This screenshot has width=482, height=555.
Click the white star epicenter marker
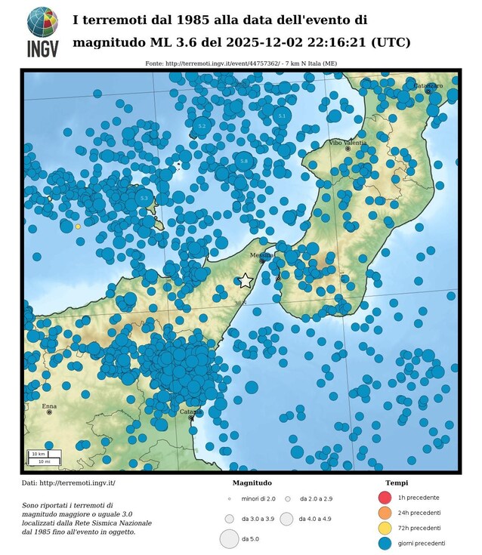coord(245,280)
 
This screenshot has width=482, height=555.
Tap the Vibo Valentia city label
coord(348,142)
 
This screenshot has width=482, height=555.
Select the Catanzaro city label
coord(428,86)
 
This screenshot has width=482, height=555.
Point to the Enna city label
coord(49,406)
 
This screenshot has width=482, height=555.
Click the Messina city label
coord(261,254)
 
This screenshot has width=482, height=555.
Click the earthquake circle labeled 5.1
coord(282,116)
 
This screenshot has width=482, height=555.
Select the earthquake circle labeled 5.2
coord(202,125)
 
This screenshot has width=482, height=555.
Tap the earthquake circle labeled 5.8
coord(243,161)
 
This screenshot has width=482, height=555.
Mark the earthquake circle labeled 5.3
coord(144,198)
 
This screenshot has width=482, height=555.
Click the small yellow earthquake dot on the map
coord(78,226)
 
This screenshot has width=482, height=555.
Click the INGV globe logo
coord(42,22)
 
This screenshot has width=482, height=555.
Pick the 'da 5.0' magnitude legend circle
coord(229,539)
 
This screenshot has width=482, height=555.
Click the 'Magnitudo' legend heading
coord(252,483)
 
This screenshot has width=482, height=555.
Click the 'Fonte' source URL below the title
coord(241,63)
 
